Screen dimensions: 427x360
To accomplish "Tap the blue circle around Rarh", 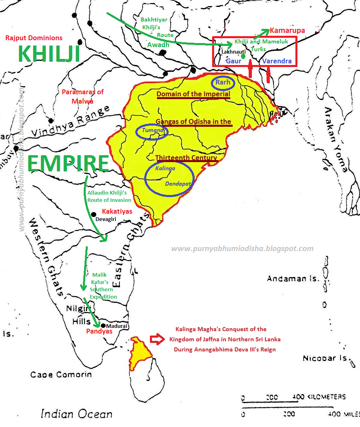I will coord(223,82).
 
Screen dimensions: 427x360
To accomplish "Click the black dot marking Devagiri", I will coord(93,214).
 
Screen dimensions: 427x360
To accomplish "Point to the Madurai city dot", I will coord(104,326).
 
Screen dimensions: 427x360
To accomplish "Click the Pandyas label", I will coord(99,332).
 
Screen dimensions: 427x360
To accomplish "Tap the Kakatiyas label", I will coord(117,211).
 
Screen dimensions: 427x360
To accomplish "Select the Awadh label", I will coord(158,45).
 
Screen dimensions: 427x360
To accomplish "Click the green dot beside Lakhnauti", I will coord(243,56).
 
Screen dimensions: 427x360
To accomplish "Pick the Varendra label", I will coord(277,61).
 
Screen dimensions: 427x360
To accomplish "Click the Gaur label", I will coord(233,61).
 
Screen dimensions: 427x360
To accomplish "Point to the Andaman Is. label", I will coord(293,279).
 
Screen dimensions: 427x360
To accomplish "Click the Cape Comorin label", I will coord(61,375).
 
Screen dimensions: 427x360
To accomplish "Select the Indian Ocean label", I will coord(76,414).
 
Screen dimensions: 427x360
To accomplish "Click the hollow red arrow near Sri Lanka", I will coord(156,338).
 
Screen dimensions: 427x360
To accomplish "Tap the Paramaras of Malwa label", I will coord(82,96).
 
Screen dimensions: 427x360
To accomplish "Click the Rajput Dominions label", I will coord(34,38).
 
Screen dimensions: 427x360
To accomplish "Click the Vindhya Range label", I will coord(71,122).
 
